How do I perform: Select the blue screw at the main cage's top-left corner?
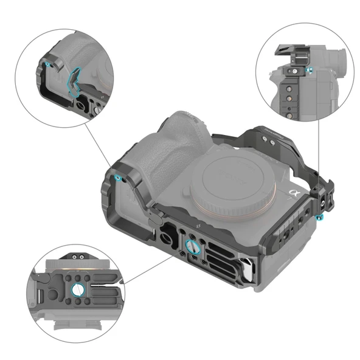(117, 178)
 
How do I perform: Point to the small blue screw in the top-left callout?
(46, 63)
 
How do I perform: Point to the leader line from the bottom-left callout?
(146, 271)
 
